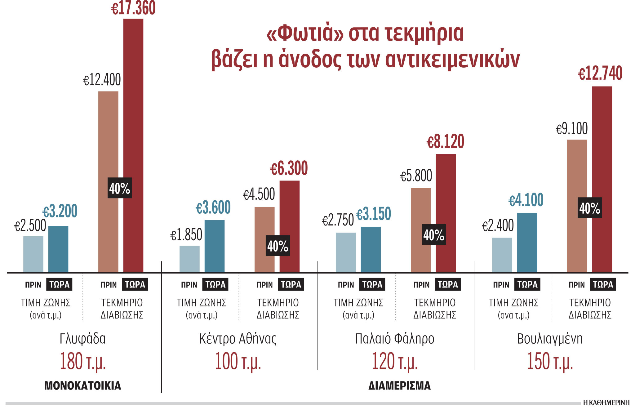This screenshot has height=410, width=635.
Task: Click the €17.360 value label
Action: tap(133, 8)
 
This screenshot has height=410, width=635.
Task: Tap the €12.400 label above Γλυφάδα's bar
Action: tap(102, 80)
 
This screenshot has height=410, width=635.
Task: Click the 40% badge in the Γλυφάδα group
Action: tap(120, 188)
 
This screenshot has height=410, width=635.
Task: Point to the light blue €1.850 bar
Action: tap(189, 259)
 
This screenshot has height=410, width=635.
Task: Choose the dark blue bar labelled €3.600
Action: tap(215, 246)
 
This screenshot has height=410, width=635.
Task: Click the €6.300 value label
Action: tap(289, 169)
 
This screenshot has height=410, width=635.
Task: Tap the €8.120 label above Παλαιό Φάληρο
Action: tap(445, 142)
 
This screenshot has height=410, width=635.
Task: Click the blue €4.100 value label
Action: tap(526, 200)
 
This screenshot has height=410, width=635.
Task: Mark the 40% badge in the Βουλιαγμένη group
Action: tap(590, 208)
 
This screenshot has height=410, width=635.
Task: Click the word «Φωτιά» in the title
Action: tap(305, 33)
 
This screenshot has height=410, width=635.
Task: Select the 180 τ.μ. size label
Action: tap(83, 362)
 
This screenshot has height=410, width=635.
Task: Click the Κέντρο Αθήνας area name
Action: tap(238, 339)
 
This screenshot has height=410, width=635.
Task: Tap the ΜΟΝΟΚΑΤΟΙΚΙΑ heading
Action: tap(83, 385)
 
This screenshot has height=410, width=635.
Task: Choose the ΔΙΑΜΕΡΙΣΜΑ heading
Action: tap(399, 385)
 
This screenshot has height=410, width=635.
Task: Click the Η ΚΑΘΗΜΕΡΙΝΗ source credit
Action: tap(606, 403)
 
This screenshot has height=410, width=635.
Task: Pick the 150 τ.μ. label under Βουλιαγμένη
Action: tap(550, 362)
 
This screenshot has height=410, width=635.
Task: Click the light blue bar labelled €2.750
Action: tap(346, 252)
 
